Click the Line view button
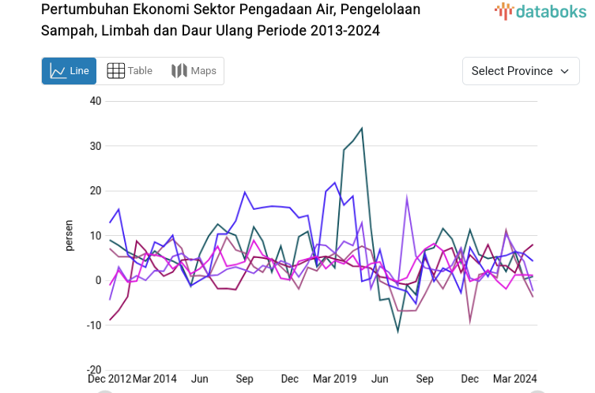(x=69, y=71)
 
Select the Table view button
(x=130, y=71)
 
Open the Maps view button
(x=194, y=71)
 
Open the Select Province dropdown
(x=520, y=71)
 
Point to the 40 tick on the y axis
(x=96, y=101)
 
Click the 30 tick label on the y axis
(x=96, y=146)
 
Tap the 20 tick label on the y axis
(x=96, y=191)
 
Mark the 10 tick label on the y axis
(x=96, y=236)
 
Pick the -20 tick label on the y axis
(x=94, y=370)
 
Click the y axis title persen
(x=69, y=235)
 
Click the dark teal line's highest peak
(x=362, y=128)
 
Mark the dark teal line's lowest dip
(x=398, y=331)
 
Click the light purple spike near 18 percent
(x=407, y=198)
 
